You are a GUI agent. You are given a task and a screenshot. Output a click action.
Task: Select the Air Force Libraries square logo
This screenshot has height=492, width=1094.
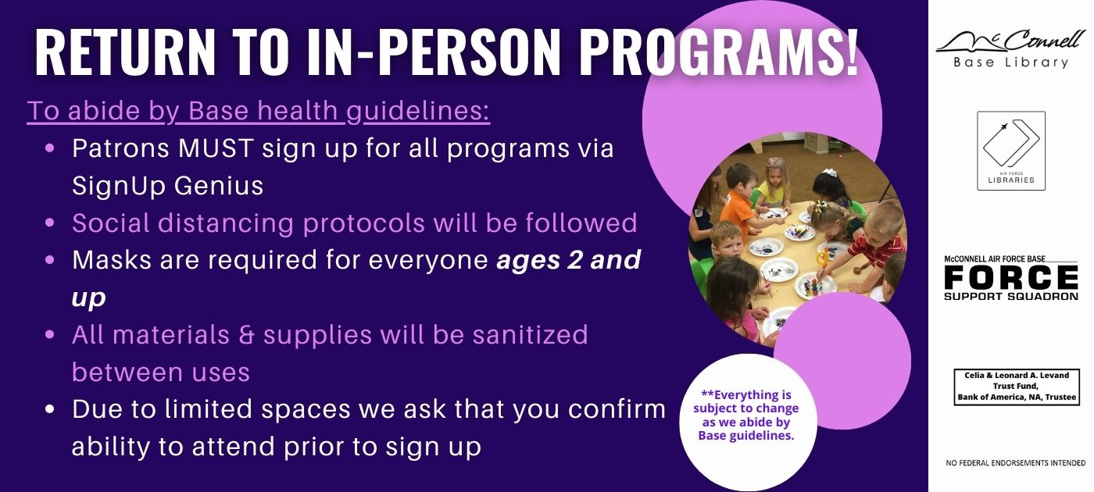point(1011,151)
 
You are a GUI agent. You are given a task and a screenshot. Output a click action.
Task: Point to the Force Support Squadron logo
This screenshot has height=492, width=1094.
point(1011,277)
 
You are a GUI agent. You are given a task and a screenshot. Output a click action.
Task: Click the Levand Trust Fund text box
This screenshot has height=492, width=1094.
point(1017,387)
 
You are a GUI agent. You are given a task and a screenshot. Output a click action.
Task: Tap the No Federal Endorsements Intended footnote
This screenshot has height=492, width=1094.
point(1015,462)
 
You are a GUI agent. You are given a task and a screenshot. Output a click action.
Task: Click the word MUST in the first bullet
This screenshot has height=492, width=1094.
point(216,148)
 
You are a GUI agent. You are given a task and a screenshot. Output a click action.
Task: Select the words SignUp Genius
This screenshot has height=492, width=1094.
point(167,186)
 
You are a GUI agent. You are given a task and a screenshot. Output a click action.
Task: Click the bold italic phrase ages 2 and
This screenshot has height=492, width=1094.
point(569,259)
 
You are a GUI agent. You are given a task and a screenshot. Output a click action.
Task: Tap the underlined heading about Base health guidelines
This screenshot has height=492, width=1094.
point(259,111)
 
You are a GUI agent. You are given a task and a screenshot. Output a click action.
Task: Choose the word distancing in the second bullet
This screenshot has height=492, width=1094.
point(226,223)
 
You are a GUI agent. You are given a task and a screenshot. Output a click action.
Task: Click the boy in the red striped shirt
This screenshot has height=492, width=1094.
point(874,239)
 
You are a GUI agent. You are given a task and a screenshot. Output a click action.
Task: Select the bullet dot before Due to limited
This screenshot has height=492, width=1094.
point(50,409)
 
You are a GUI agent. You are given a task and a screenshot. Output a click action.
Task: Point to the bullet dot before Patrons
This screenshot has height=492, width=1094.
point(50,148)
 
